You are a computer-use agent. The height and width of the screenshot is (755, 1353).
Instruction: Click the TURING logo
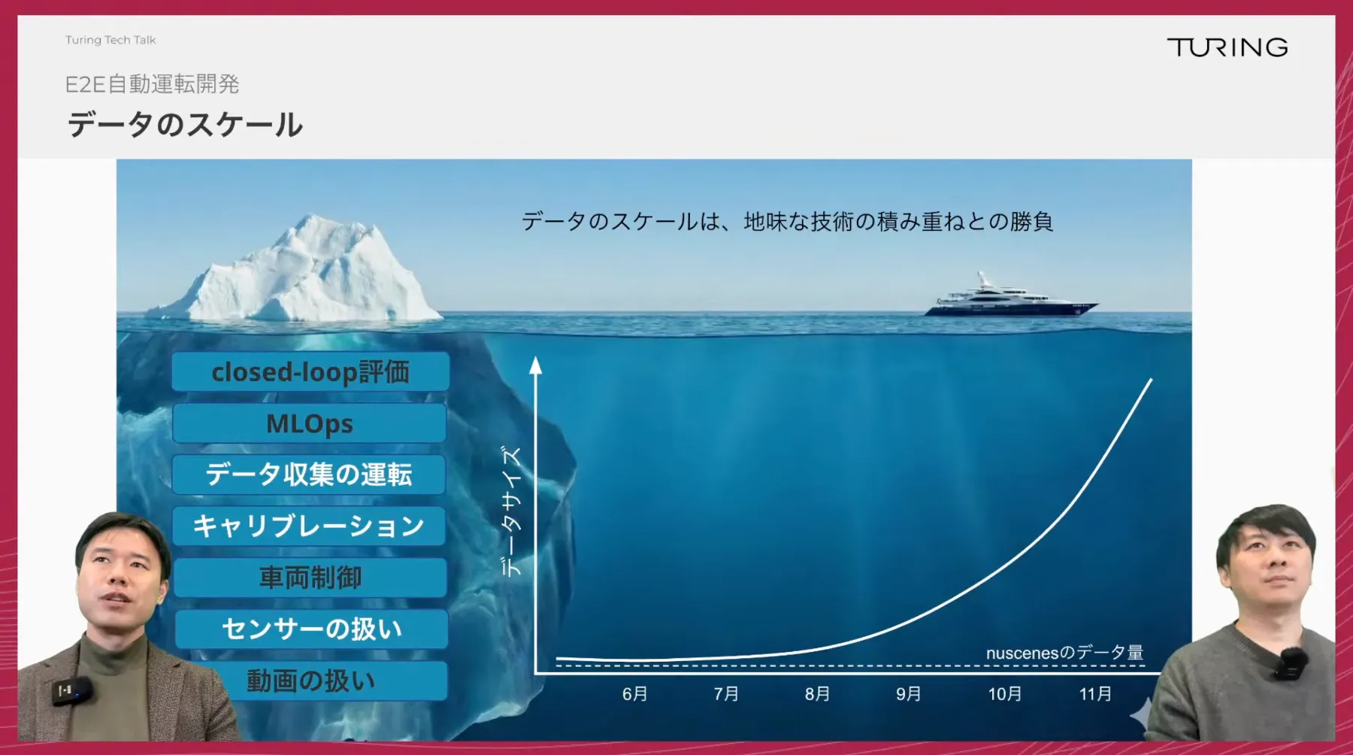click(x=1227, y=47)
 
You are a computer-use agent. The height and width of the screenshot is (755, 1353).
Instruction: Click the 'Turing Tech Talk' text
click(x=110, y=40)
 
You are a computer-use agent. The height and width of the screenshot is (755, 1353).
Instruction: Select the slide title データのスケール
click(x=185, y=125)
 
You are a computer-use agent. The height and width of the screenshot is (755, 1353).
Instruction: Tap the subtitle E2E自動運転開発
click(x=152, y=84)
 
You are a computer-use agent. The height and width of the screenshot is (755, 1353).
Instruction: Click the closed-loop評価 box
click(x=310, y=371)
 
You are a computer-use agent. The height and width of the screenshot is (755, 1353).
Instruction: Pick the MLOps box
click(x=310, y=423)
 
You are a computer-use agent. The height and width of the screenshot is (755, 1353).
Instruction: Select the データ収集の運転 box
click(x=309, y=475)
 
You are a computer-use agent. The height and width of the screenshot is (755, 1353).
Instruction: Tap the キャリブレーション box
click(x=309, y=526)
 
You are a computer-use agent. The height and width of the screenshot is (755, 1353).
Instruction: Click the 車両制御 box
click(x=310, y=578)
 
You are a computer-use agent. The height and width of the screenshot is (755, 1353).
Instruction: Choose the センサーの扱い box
click(x=312, y=629)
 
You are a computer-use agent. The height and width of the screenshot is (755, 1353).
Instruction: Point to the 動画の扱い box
click(x=311, y=681)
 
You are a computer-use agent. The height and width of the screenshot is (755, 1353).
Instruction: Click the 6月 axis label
click(x=635, y=693)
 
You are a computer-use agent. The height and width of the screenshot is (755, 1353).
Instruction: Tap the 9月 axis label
click(x=909, y=693)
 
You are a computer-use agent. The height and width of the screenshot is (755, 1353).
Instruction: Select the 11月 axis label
click(x=1095, y=693)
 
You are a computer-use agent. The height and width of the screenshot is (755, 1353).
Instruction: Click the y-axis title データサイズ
click(x=512, y=511)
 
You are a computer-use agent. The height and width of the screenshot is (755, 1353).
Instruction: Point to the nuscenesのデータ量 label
click(x=1064, y=653)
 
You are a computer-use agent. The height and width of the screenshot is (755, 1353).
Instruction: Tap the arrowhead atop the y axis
click(x=535, y=365)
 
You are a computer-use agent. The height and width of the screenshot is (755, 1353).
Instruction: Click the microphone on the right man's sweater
click(x=1291, y=663)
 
